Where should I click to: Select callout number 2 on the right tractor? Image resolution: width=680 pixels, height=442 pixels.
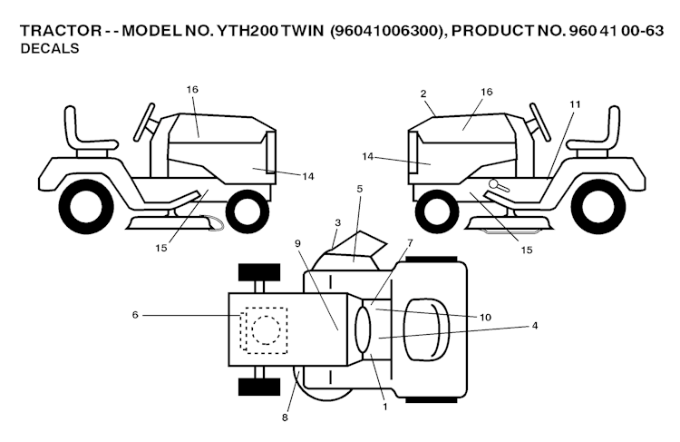[423, 93]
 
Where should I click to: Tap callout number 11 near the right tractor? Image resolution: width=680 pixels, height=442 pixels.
[574, 104]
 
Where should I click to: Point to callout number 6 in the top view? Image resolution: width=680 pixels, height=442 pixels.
[135, 315]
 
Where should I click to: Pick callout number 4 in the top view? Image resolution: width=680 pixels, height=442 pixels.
[535, 325]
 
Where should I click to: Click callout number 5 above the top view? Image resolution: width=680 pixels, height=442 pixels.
[359, 189]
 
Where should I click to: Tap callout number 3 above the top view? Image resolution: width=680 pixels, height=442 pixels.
[337, 221]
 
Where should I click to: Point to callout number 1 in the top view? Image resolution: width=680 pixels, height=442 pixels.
[384, 407]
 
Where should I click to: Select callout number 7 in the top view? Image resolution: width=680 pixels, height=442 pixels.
[409, 242]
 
